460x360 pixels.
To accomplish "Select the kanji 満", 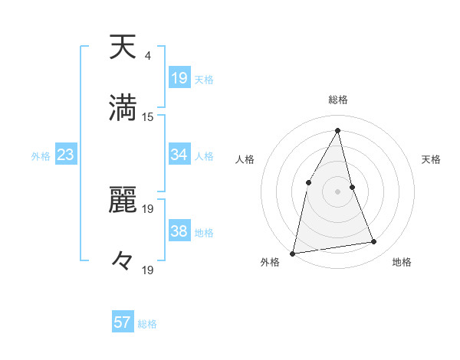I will point(123,108).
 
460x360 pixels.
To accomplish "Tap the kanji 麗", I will point(123,200).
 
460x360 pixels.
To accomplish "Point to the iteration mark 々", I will point(123,260).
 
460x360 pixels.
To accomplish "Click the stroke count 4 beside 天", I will point(147,56).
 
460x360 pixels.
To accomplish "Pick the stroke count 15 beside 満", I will point(149,117).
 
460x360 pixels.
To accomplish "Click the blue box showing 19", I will point(179,78).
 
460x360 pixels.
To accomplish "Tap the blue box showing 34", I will point(179,155).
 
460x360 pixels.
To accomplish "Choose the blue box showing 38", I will point(179,231).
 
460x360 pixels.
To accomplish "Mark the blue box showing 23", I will point(65,155).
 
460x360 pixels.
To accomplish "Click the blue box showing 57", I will point(123,322).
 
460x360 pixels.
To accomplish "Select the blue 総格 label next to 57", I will point(147,324).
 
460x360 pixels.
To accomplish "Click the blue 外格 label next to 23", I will point(41,156).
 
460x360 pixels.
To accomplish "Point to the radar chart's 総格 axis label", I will point(338,100).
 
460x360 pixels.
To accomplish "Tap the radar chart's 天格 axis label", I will point(432,159).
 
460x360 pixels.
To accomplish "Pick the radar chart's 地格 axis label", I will point(402,262).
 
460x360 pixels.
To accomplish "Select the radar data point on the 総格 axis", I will point(338,130).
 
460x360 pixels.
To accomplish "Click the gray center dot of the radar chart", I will point(338,191).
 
